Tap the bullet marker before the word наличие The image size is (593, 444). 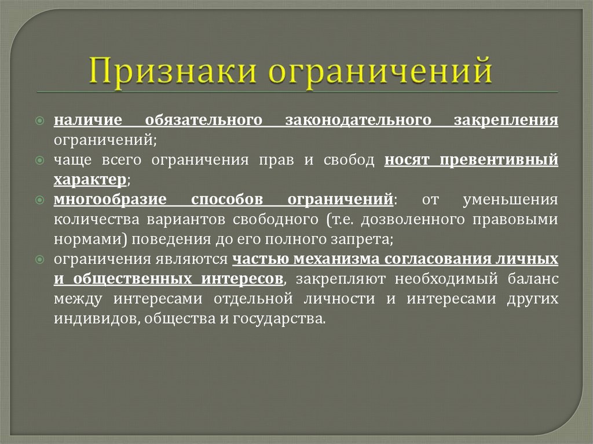coord(40,120)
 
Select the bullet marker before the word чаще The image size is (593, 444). coord(40,160)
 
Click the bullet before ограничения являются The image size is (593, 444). coord(40,260)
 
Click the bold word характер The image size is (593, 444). coord(90,180)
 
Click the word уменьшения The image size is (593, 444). coord(511,200)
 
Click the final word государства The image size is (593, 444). coord(284,319)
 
